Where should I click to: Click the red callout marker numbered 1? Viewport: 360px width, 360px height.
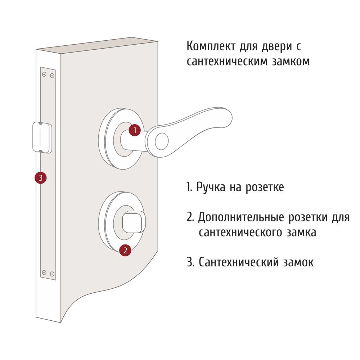pyautogui.click(x=135, y=130)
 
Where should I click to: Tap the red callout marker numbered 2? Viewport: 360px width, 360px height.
pyautogui.click(x=125, y=250)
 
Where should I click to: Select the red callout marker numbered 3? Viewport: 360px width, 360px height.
pyautogui.click(x=41, y=178)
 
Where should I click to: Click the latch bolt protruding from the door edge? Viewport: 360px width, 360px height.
pyautogui.click(x=42, y=138)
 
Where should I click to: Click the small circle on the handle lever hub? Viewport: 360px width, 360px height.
pyautogui.click(x=162, y=141)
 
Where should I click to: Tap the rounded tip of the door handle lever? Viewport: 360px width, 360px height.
pyautogui.click(x=226, y=118)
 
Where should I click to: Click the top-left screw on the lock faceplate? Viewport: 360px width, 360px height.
pyautogui.click(x=44, y=74)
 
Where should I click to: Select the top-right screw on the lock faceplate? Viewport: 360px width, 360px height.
pyautogui.click(x=52, y=76)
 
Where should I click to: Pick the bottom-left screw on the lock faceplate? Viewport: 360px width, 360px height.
pyautogui.click(x=44, y=272)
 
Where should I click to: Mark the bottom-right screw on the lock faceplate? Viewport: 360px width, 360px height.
pyautogui.click(x=52, y=274)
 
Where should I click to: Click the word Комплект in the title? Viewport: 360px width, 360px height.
pyautogui.click(x=211, y=46)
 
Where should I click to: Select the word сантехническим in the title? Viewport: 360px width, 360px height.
pyautogui.click(x=227, y=62)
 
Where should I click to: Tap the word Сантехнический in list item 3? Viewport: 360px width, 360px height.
pyautogui.click(x=239, y=262)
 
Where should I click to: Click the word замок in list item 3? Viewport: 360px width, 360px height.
pyautogui.click(x=298, y=262)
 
